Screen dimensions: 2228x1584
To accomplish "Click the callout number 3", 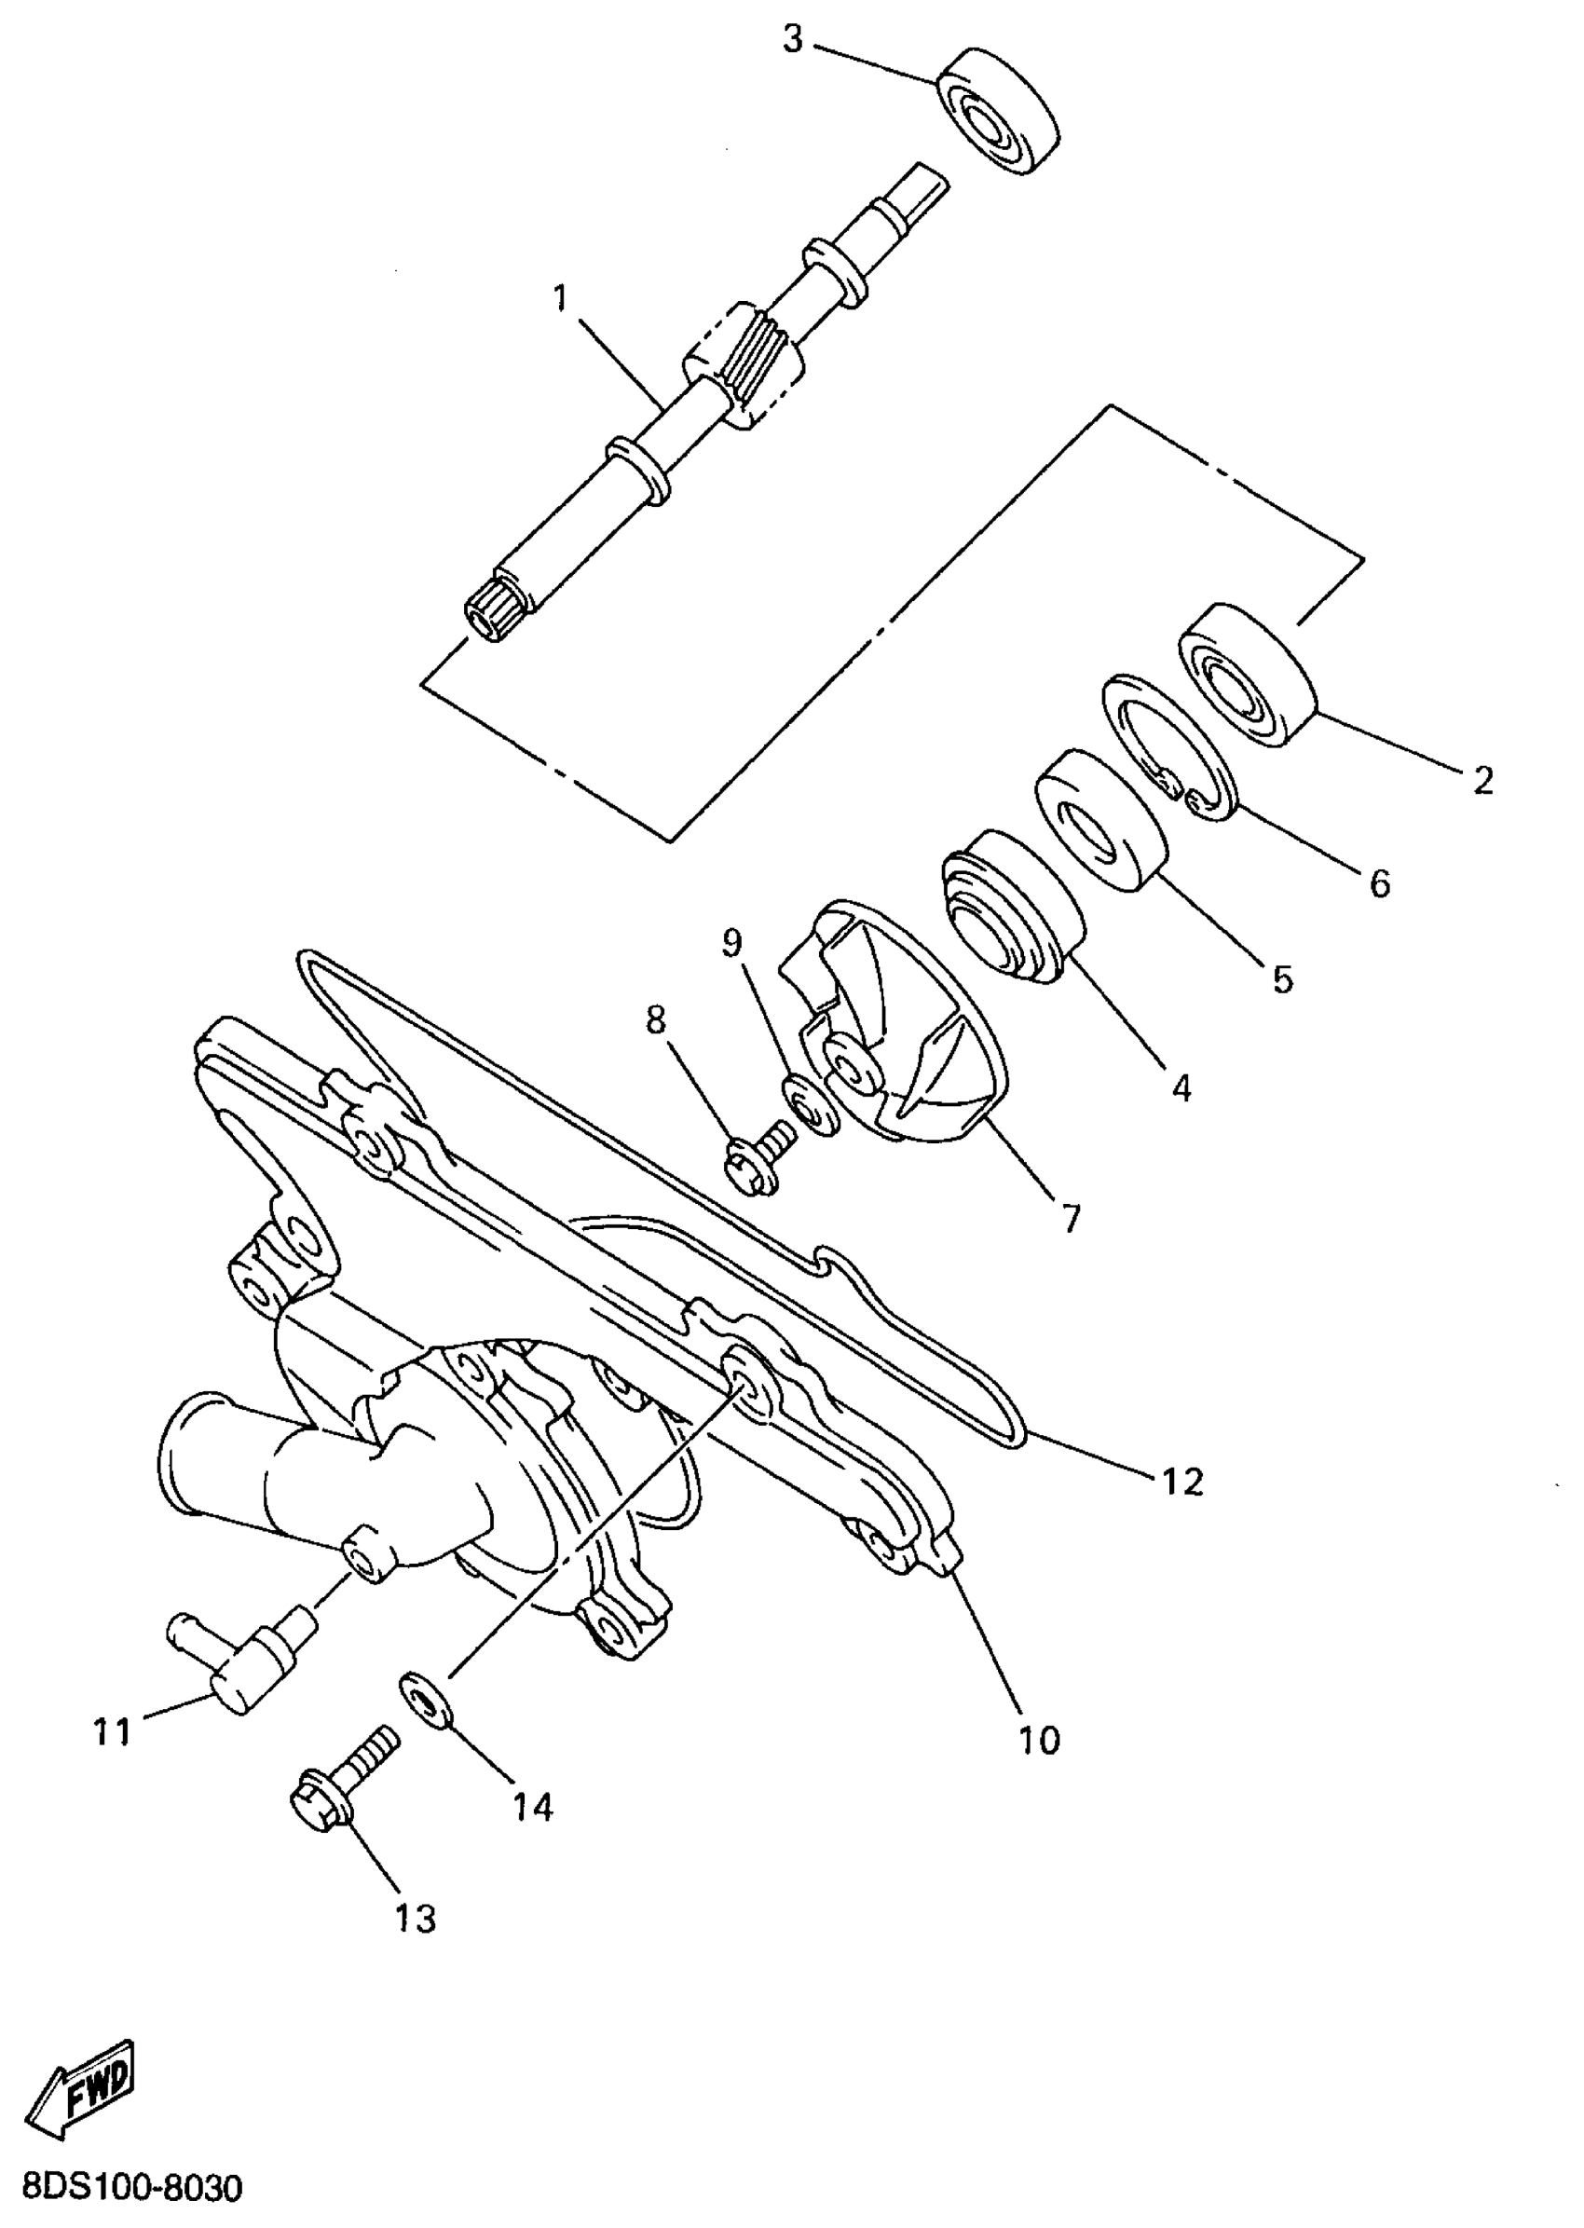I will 792,41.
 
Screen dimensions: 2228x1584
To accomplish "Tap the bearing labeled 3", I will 999,109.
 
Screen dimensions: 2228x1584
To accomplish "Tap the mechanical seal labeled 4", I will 1015,904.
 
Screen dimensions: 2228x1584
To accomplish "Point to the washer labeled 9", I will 810,1107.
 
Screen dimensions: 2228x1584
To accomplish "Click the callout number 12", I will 1183,1482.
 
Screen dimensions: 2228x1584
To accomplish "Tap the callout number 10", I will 1038,1740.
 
